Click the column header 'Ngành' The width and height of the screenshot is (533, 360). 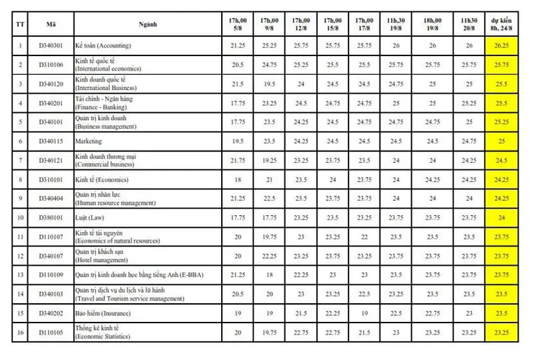point(148,24)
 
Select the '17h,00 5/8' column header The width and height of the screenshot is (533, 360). point(238,24)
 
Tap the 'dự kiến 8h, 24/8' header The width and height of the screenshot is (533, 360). point(501,24)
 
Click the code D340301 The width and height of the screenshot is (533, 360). point(51,45)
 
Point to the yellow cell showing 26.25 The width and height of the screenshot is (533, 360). point(501,45)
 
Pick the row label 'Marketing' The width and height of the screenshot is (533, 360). point(89,141)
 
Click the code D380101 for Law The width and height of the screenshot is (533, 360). point(51,217)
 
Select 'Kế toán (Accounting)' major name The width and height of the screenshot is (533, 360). point(103,45)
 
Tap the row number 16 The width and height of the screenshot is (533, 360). point(20,333)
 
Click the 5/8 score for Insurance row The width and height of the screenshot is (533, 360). point(238,313)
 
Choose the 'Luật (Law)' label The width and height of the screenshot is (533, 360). point(89,217)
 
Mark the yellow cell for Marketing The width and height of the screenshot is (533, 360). point(501,141)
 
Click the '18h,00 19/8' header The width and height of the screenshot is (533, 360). point(432,24)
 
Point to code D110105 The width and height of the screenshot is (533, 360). point(51,333)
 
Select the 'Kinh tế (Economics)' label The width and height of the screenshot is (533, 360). point(102,179)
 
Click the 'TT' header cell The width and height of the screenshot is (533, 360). point(20,24)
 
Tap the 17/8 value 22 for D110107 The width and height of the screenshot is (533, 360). point(364,237)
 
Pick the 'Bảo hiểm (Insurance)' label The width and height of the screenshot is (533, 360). point(103,313)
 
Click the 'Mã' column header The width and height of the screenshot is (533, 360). point(51,24)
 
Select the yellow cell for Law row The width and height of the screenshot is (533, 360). point(501,217)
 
